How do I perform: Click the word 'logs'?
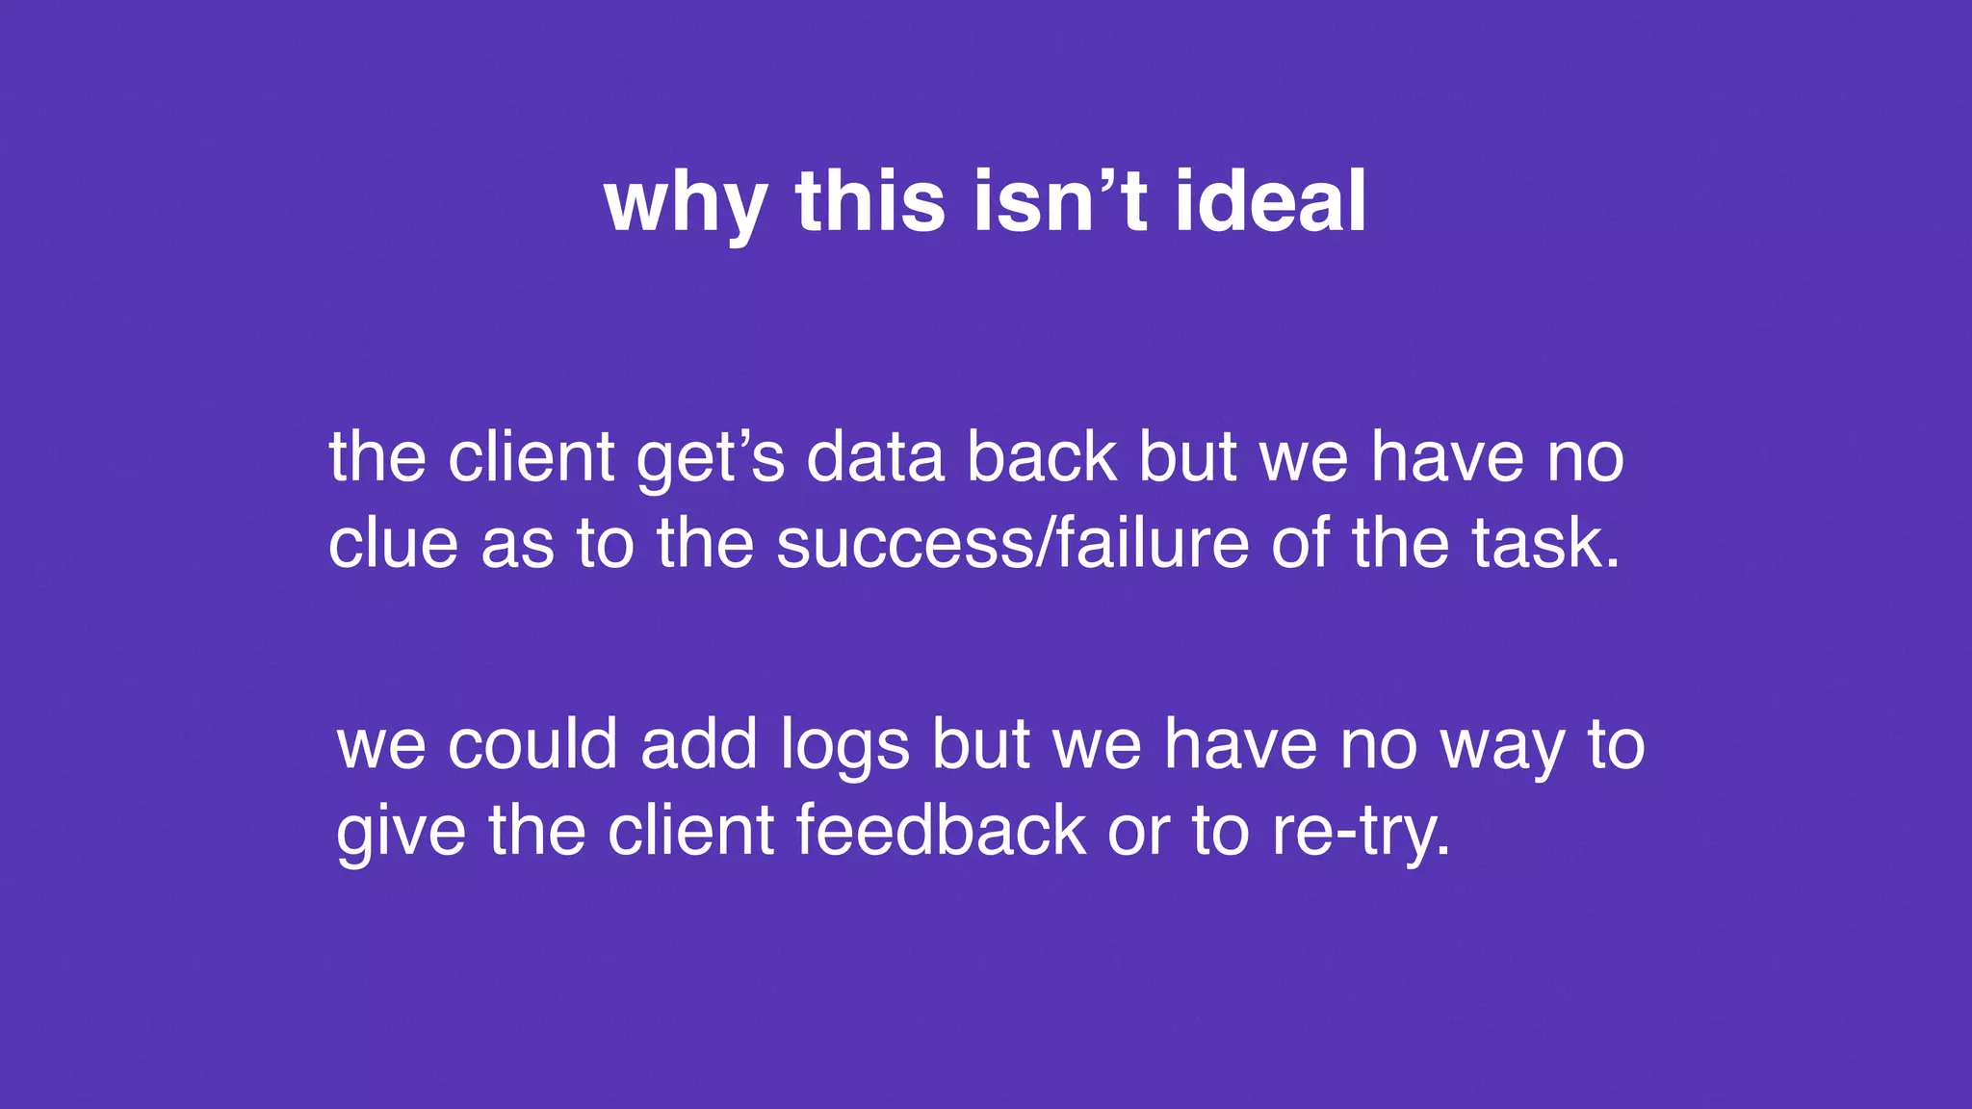(844, 746)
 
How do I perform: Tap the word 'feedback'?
(941, 830)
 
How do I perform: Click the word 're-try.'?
(1361, 832)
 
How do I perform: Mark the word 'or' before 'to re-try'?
(1138, 832)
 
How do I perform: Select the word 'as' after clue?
(517, 545)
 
